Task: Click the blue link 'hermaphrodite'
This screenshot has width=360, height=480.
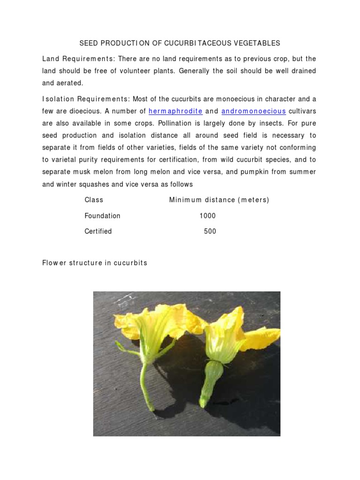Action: pos(175,111)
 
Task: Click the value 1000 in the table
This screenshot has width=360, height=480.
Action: pos(208,216)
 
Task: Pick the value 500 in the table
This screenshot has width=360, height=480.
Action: pos(210,231)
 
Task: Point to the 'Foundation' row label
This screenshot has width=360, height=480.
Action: pos(102,216)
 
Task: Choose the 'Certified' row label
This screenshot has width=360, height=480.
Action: pos(98,231)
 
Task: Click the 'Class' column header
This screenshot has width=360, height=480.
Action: pos(94,200)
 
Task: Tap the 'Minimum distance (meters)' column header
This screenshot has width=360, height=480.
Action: pos(219,200)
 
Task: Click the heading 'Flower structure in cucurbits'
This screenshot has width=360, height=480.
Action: pos(95,263)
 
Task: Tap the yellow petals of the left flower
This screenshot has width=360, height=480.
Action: pos(150,323)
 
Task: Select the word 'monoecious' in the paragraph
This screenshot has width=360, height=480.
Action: pos(238,99)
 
